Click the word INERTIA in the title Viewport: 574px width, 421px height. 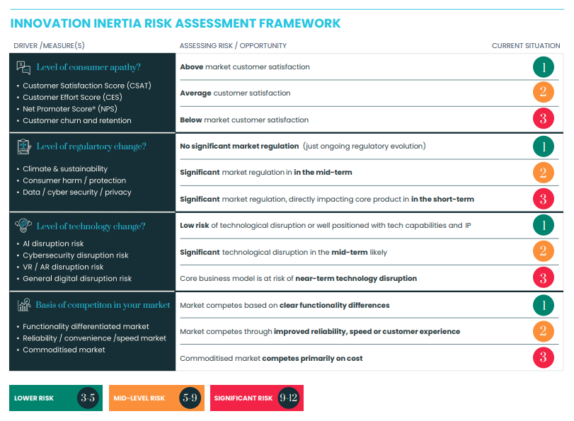pos(139,23)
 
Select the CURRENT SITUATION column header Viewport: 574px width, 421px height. pos(526,46)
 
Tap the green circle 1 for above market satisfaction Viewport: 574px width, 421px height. pos(543,67)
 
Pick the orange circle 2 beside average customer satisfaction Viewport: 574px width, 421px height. pos(543,93)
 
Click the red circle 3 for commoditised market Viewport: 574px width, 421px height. pos(543,358)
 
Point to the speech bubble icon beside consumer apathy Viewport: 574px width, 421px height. pos(23,67)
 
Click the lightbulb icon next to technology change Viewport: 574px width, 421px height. pos(23,226)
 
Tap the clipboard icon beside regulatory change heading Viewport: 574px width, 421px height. pos(23,146)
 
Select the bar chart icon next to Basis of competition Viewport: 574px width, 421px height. pos(23,305)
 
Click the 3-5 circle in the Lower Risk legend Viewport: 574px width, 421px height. pos(88,398)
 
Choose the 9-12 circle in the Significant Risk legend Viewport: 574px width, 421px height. pos(289,398)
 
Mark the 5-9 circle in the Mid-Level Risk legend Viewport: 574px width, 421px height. pos(190,398)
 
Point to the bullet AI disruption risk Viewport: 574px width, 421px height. pos(53,243)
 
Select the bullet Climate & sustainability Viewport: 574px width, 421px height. pos(65,169)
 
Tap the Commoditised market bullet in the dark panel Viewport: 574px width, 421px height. pos(64,350)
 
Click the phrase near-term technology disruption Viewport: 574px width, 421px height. pos(356,278)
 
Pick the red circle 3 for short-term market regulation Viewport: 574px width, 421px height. pos(543,199)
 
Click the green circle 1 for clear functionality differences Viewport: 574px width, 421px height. pos(543,305)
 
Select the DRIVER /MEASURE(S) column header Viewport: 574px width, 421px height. pos(49,46)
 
